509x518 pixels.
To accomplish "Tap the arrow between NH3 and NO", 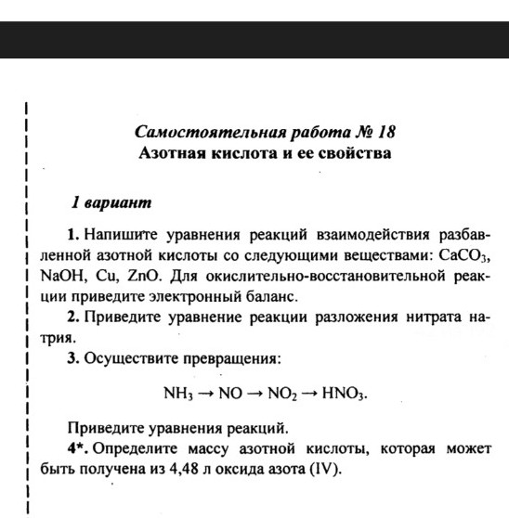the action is (x=206, y=394).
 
